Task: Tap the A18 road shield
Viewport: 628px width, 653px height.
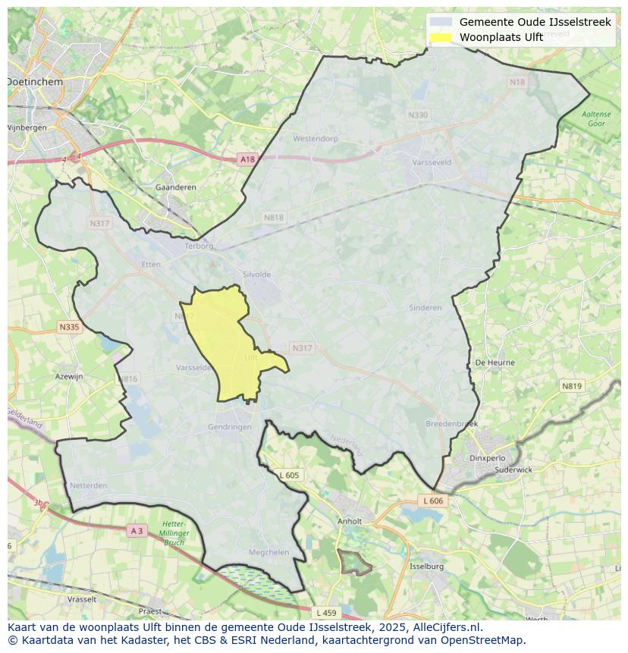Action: pyautogui.click(x=247, y=159)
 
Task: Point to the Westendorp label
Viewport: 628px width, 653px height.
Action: pyautogui.click(x=315, y=139)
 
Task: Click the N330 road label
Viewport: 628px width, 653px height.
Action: pyautogui.click(x=417, y=115)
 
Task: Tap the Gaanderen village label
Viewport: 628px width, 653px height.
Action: pyautogui.click(x=175, y=187)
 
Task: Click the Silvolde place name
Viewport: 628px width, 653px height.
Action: pyautogui.click(x=256, y=275)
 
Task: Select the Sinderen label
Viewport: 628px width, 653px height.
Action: pyautogui.click(x=425, y=308)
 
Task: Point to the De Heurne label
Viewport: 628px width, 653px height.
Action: pyautogui.click(x=495, y=363)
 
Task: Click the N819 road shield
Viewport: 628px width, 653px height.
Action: pyautogui.click(x=572, y=386)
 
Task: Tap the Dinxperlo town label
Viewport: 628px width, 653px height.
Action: pyautogui.click(x=487, y=458)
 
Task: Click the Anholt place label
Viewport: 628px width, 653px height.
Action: pyautogui.click(x=350, y=521)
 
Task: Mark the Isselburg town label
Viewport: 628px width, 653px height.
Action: pyautogui.click(x=425, y=567)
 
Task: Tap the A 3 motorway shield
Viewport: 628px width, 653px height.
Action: pyautogui.click(x=137, y=531)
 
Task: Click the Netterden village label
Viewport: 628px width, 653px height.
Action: pyautogui.click(x=88, y=485)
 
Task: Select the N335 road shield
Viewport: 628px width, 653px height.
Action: pyautogui.click(x=68, y=327)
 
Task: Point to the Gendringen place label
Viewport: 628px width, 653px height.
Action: pyautogui.click(x=229, y=427)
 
